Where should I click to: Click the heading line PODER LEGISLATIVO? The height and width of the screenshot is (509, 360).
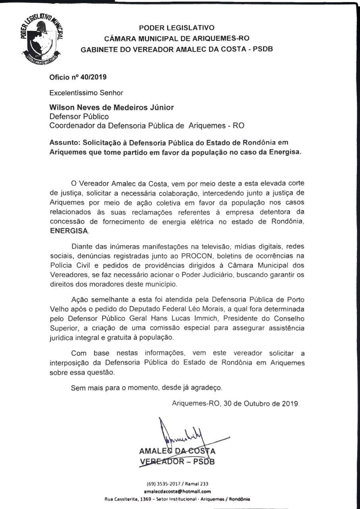[176, 28]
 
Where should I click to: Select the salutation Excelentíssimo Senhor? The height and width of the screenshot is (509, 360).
[86, 93]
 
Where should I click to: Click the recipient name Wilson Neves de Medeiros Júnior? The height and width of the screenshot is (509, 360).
[111, 108]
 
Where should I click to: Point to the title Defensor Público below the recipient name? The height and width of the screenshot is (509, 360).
[79, 117]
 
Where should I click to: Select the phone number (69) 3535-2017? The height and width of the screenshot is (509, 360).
[163, 484]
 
